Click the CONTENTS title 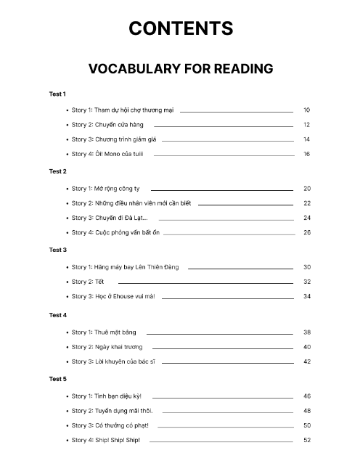coord(181,28)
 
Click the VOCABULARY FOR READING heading coord(180,69)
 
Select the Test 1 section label coord(57,94)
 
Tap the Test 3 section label coord(58,250)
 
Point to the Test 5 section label coord(58,379)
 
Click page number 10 coord(307,110)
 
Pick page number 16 coord(307,154)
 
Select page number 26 coord(307,232)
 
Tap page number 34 coord(307,296)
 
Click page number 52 coord(307,440)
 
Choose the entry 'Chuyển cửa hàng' coord(107,125)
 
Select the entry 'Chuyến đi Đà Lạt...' coord(110,218)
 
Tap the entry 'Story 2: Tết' coord(88,282)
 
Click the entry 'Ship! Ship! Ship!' coord(106,440)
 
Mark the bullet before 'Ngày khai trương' coord(66,347)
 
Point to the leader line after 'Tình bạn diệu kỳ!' coord(222,396)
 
